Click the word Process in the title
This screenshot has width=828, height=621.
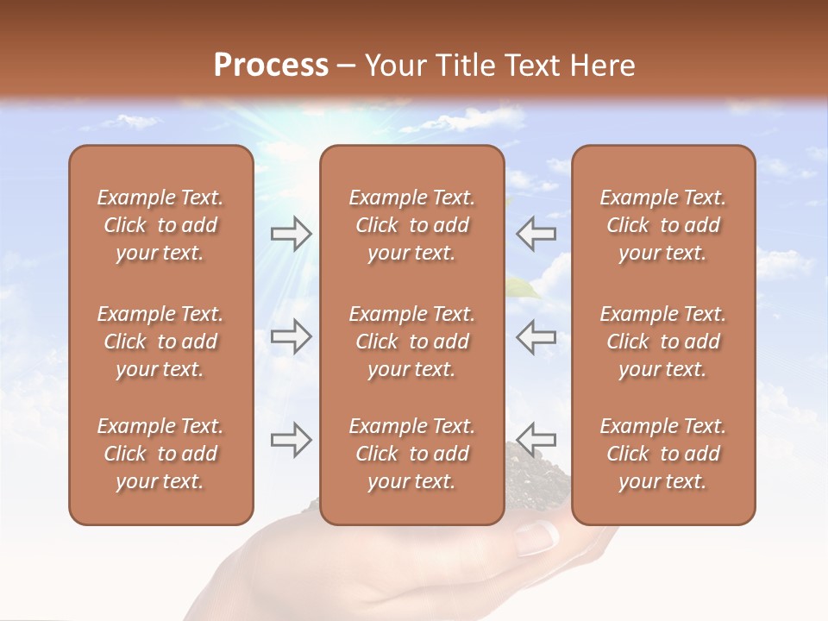(x=271, y=66)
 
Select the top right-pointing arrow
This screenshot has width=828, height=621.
(x=292, y=233)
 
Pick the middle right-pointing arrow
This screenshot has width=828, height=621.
(x=292, y=336)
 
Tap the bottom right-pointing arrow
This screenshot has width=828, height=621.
(x=292, y=440)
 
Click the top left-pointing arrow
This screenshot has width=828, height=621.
(x=536, y=233)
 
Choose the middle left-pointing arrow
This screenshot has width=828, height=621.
(x=536, y=336)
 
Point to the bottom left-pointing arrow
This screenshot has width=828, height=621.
(x=536, y=438)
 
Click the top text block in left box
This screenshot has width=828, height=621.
(x=160, y=225)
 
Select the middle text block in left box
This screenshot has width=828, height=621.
(x=160, y=342)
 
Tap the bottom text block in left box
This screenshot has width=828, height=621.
(x=160, y=454)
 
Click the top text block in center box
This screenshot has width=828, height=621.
(x=411, y=225)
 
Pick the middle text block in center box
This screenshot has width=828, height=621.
(x=411, y=342)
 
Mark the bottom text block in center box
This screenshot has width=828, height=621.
(x=411, y=454)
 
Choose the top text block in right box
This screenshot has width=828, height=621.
(x=662, y=225)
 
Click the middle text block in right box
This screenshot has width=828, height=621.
(x=662, y=342)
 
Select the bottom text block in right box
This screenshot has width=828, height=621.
(x=662, y=454)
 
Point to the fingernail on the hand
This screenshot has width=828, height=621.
(x=536, y=538)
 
